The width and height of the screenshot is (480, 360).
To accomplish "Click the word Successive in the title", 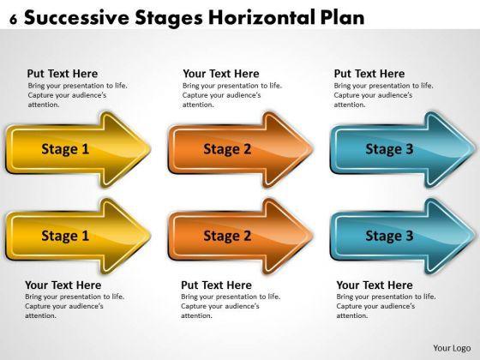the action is [x=76, y=17].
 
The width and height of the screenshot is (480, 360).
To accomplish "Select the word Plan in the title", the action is [x=343, y=17].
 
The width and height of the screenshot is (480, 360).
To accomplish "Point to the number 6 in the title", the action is [x=13, y=20].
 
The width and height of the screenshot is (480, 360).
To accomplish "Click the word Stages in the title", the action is [x=169, y=18].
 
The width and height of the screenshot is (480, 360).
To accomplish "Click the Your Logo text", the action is [x=452, y=348].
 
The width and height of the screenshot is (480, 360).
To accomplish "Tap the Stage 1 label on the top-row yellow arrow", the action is [x=65, y=149].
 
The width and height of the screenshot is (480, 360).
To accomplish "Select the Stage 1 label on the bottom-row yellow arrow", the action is [x=65, y=236].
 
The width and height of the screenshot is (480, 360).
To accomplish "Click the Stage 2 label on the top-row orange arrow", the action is [x=227, y=149].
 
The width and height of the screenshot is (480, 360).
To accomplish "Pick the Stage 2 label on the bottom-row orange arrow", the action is [x=227, y=236].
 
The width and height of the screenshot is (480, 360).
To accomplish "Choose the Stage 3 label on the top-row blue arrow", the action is [x=389, y=149].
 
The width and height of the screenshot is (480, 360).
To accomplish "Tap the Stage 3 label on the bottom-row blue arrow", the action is [x=389, y=236].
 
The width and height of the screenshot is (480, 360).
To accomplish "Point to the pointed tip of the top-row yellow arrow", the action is [x=150, y=149].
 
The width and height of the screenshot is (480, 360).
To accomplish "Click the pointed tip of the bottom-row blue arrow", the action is [x=476, y=236].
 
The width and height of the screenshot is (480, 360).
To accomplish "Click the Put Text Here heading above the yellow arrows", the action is [x=63, y=74].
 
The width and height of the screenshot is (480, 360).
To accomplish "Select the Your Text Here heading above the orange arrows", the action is [x=221, y=74].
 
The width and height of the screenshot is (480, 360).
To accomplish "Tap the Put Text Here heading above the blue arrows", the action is [x=369, y=74].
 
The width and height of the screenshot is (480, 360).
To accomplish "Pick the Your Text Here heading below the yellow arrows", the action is [x=63, y=285].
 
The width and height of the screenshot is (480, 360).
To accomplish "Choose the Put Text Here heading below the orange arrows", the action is [x=216, y=285].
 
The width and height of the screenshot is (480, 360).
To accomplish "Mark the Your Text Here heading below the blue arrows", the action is [x=375, y=285].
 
